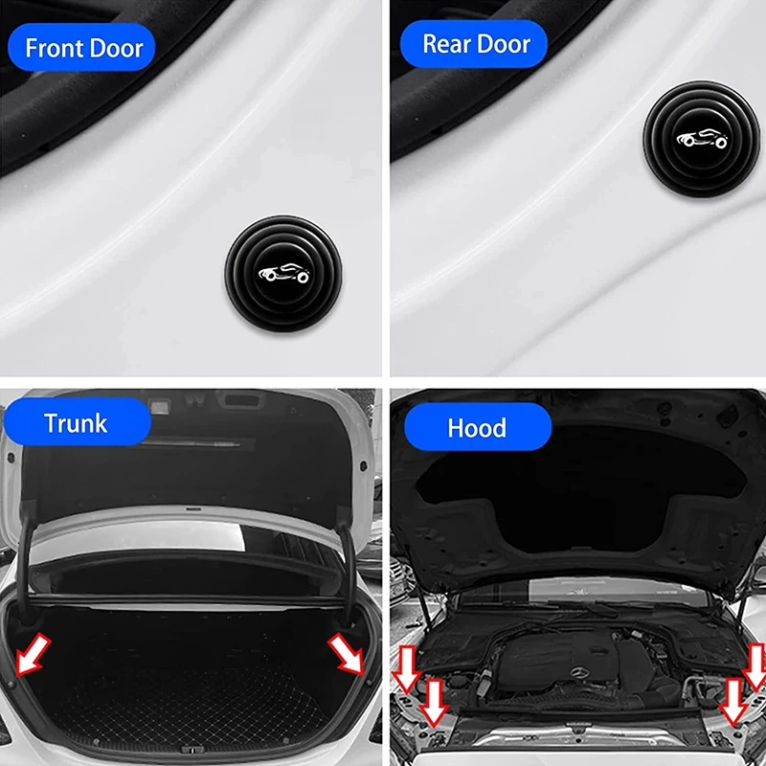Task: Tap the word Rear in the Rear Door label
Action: coord(448,44)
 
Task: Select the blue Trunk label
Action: coord(76,422)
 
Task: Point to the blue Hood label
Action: coord(476,426)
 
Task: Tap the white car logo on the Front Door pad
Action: coord(282,273)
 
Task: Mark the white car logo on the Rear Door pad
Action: coord(703,139)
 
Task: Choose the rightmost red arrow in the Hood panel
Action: coord(755,667)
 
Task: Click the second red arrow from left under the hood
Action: coord(434,703)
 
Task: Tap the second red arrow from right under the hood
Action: coord(732,702)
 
